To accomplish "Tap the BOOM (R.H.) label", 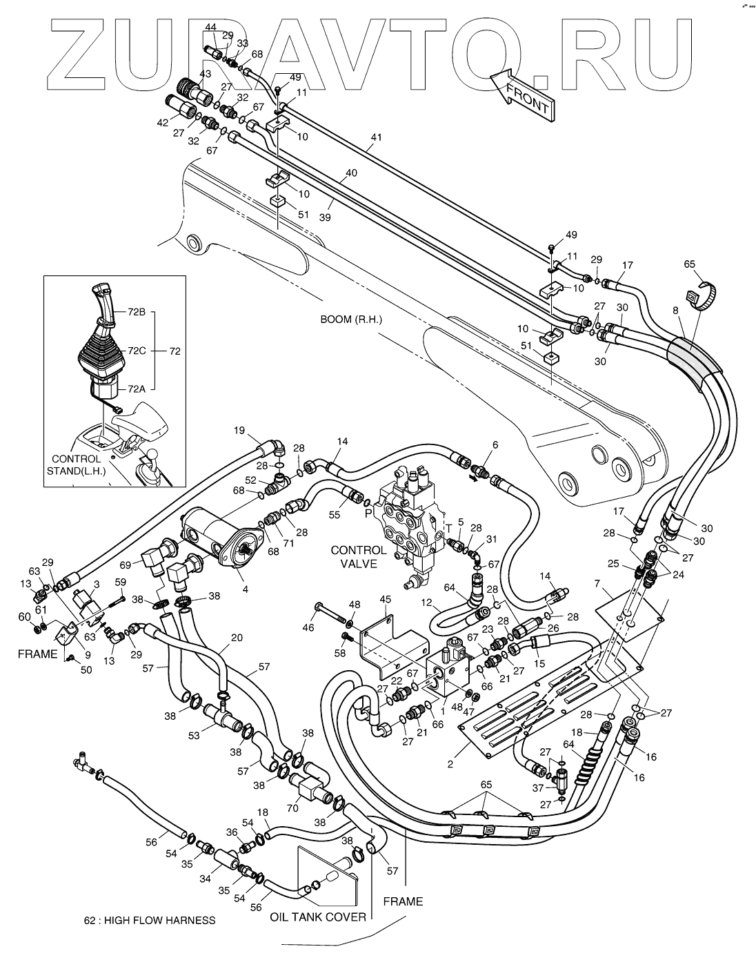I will pos(350,320).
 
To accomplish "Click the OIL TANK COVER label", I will pos(318,917).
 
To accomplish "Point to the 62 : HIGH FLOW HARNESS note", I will pos(149,920).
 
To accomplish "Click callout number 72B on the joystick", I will pos(136,312).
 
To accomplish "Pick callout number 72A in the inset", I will pos(136,389).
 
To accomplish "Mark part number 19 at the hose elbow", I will pos(239,430).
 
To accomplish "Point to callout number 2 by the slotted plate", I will pos(450,763).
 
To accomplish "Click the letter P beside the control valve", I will pos(367,513).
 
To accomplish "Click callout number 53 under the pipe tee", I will pos(195,736).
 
